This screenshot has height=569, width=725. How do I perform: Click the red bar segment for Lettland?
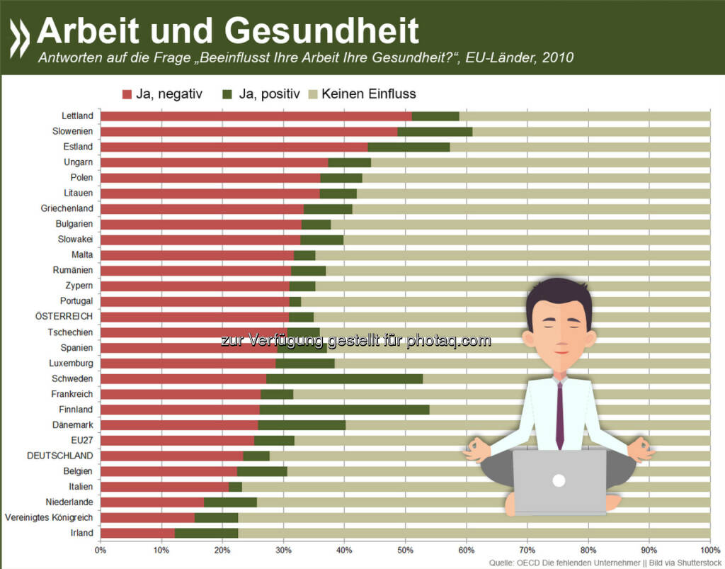pos(255,116)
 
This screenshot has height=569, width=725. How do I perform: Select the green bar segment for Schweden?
pos(344,378)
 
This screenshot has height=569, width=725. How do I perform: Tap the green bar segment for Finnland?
pos(344,410)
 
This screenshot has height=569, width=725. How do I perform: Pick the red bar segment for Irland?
pos(137,533)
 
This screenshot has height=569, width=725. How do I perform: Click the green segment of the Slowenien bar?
pos(435,132)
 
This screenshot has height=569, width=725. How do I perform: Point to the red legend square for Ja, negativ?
pos(127,94)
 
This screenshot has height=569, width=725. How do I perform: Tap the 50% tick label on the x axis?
pos(405,550)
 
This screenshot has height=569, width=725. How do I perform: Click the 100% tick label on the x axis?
pos(709,550)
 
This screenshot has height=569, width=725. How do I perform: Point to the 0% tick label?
pos(101,550)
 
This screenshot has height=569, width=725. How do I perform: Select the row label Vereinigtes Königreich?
pos(49,517)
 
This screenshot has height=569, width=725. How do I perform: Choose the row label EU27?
pos(82,440)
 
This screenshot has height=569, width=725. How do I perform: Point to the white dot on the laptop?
pos(559,480)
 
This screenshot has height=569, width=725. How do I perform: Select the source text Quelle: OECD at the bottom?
pos(518,563)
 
